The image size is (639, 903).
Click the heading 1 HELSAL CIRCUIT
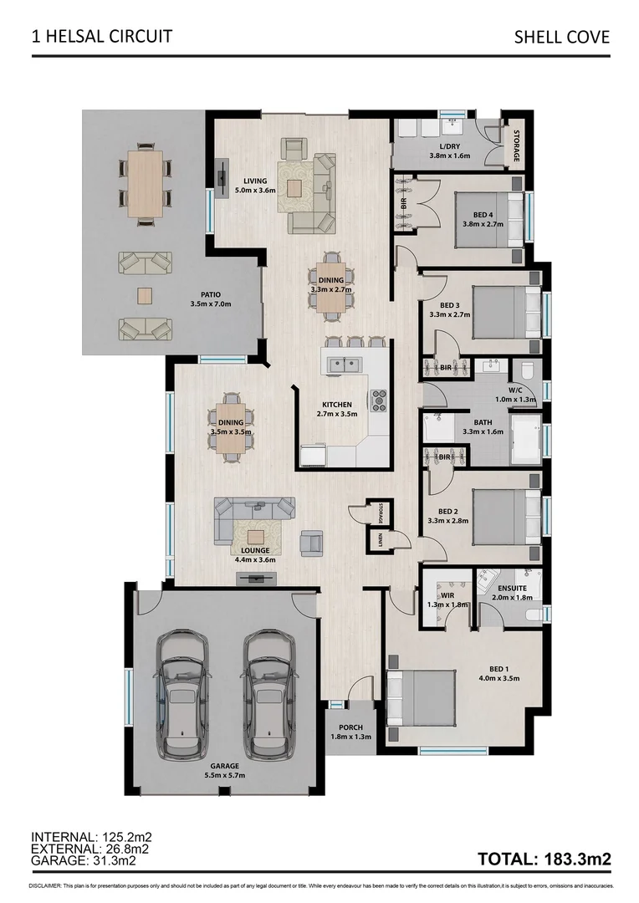pyautogui.click(x=102, y=36)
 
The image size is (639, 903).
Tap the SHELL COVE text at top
pyautogui.click(x=562, y=37)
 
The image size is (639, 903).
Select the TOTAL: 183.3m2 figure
pyautogui.click(x=544, y=859)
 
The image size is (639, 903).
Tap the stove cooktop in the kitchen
pyautogui.click(x=379, y=400)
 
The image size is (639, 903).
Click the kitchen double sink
pyautogui.click(x=341, y=364)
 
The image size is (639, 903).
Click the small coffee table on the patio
pyautogui.click(x=146, y=295)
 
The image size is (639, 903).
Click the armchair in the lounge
pyautogui.click(x=312, y=542)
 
